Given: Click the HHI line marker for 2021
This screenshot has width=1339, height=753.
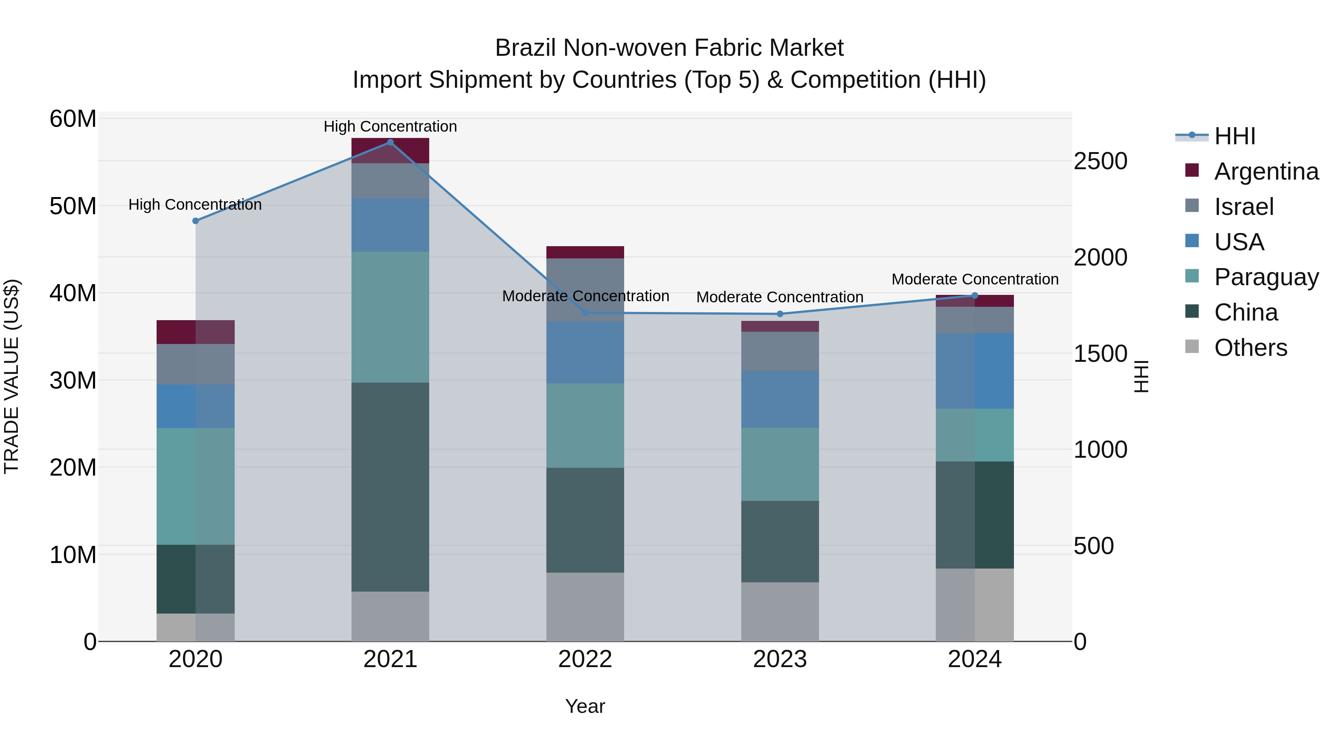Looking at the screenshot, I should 391,142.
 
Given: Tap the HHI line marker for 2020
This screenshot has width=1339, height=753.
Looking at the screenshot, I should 195,221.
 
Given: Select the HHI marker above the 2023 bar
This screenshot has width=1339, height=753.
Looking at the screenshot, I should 780,314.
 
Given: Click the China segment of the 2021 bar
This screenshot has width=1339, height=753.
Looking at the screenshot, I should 391,487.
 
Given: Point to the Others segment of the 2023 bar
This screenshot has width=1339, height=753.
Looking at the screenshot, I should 780,612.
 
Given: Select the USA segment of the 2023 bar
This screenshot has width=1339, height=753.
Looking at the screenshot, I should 780,399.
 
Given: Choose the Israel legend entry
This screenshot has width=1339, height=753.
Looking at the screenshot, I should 1243,207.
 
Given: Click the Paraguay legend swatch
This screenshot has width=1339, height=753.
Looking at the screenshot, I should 1192,276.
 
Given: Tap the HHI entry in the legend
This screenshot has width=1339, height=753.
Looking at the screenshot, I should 1234,136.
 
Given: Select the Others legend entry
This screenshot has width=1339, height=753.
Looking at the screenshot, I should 1250,348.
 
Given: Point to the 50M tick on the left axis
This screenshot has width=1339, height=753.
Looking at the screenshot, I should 73,206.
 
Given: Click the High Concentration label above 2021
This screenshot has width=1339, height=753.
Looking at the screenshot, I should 391,126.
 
